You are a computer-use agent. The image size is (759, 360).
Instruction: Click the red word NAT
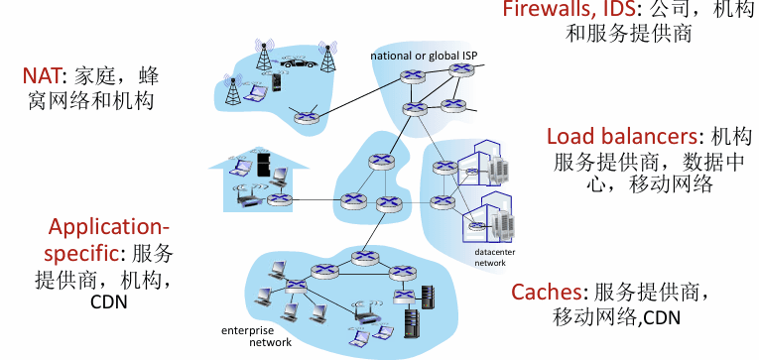coord(42,75)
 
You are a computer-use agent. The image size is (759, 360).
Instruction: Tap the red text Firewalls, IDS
coord(569,8)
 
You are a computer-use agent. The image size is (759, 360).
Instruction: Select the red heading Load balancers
coord(622,137)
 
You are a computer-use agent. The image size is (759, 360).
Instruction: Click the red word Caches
coord(546,292)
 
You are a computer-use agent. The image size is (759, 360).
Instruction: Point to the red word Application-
coord(109,227)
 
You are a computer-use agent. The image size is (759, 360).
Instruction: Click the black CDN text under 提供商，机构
coord(109,302)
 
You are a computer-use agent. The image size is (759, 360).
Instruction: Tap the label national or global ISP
coord(424,56)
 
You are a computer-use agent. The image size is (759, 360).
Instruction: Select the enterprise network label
coord(257,337)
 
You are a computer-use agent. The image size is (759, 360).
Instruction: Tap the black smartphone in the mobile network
coord(276,82)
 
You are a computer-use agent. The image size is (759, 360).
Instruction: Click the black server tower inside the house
coord(263,164)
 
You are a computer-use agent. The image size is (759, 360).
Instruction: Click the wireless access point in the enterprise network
coord(369,315)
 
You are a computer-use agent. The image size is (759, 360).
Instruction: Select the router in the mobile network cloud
coord(306,116)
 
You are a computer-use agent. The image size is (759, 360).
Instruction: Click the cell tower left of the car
coord(264,55)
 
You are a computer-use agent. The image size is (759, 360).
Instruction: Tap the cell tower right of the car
coord(327,57)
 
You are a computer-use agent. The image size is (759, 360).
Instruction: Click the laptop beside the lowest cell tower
coord(253,93)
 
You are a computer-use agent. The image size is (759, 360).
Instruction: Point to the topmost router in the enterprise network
coord(361,258)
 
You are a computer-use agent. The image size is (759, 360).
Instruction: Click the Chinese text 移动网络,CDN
coord(616,317)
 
